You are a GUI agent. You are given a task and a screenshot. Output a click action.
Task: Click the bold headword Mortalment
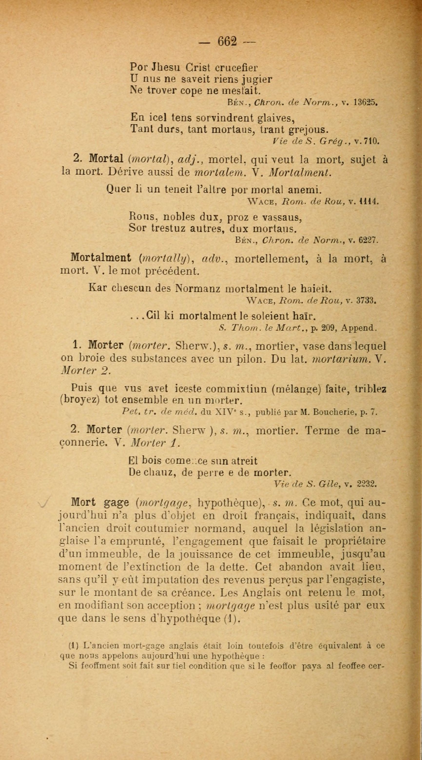coord(101,258)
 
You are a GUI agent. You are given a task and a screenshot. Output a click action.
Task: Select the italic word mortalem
coord(219,173)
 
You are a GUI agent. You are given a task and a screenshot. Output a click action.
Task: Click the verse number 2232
coord(366,484)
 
